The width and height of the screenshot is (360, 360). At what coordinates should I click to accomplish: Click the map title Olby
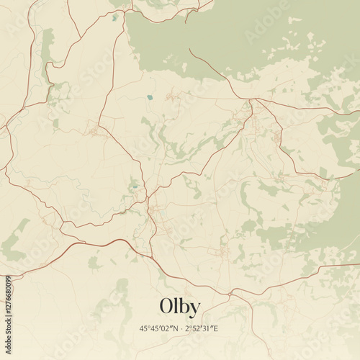pyautogui.click(x=180, y=306)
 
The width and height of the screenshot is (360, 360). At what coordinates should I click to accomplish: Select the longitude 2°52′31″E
pyautogui.click(x=202, y=329)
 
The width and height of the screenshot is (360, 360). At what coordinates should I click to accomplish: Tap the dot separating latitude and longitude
pyautogui.click(x=181, y=329)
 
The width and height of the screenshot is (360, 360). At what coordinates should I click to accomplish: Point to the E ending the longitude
pyautogui.click(x=216, y=329)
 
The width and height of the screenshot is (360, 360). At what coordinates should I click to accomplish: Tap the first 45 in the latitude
pyautogui.click(x=143, y=329)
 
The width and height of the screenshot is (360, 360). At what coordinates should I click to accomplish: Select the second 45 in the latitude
pyautogui.click(x=153, y=329)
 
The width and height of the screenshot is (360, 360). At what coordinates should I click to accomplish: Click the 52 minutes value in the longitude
pyautogui.click(x=197, y=329)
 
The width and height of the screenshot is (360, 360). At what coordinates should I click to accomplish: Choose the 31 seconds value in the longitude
pyautogui.click(x=207, y=329)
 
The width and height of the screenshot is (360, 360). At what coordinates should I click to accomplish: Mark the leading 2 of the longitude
pyautogui.click(x=187, y=329)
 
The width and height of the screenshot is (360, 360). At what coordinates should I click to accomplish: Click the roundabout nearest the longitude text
pyautogui.click(x=230, y=294)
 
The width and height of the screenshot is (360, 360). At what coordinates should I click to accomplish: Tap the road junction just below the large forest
pyautogui.click(x=251, y=99)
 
